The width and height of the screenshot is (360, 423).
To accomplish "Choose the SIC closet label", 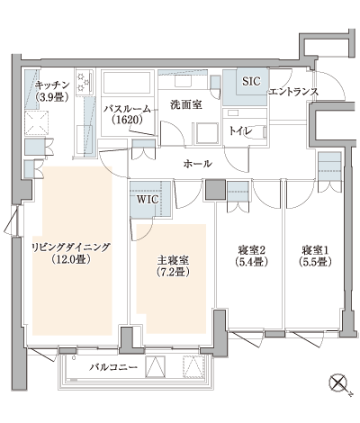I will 250,82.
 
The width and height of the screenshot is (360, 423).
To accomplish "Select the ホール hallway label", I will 197,164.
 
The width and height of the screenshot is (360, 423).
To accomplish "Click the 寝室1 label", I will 314,250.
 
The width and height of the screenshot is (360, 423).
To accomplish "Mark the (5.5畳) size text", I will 314,263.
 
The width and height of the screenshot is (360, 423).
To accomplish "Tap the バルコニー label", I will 113,368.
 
